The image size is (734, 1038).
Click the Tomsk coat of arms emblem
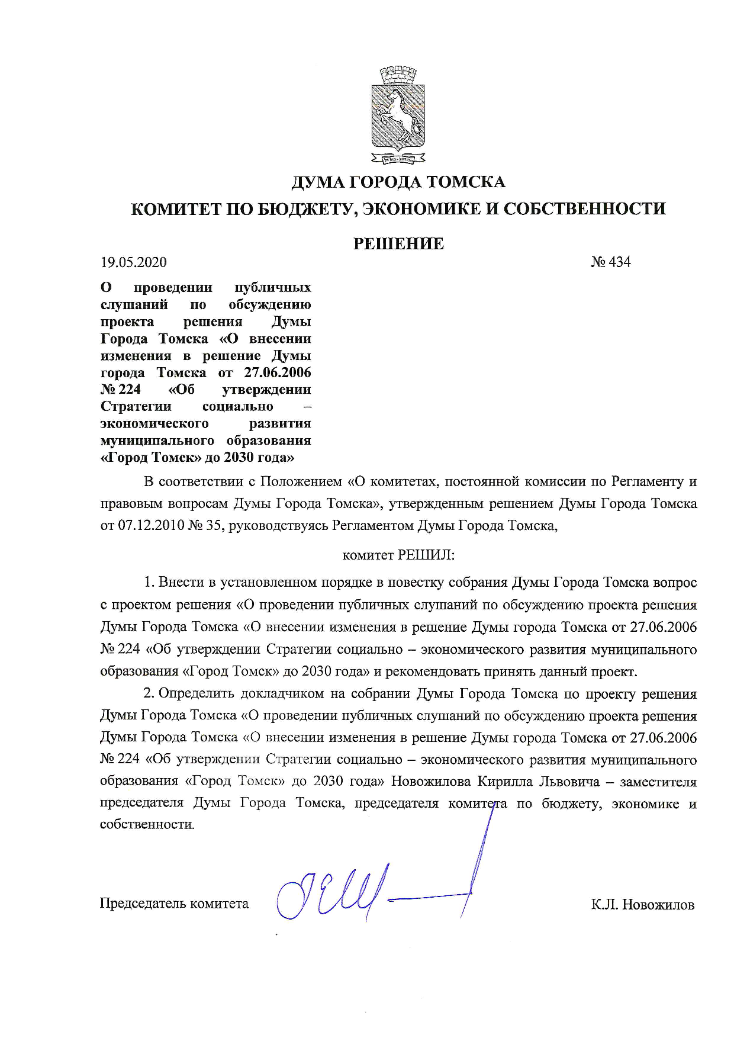pyautogui.click(x=398, y=115)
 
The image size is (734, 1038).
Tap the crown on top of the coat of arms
pyautogui.click(x=398, y=76)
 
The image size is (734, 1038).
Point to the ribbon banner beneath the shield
pyautogui.click(x=398, y=159)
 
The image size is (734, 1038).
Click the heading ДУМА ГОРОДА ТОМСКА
pyautogui.click(x=398, y=182)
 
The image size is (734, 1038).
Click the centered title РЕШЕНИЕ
pyautogui.click(x=398, y=244)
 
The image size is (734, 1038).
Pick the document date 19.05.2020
pyautogui.click(x=134, y=262)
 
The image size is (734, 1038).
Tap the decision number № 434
pyautogui.click(x=610, y=262)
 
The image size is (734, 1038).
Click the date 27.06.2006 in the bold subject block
pyautogui.click(x=277, y=373)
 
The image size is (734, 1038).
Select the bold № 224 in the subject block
pyautogui.click(x=121, y=390)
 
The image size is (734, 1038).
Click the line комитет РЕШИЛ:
pyautogui.click(x=398, y=555)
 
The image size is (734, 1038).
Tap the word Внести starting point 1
pyautogui.click(x=181, y=583)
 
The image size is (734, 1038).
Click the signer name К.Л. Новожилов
pyautogui.click(x=642, y=905)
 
